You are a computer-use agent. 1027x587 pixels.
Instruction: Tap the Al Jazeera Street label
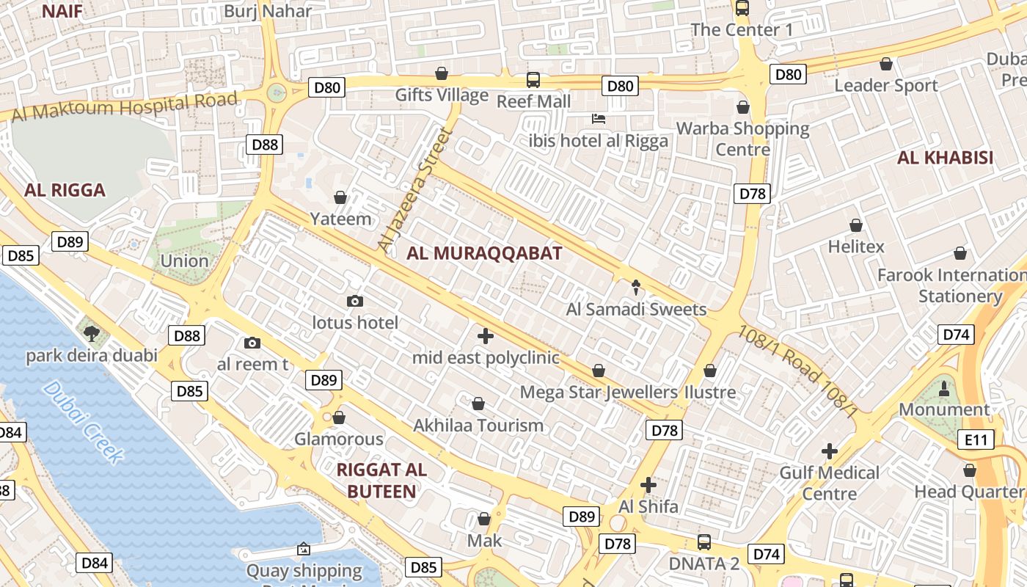(412, 190)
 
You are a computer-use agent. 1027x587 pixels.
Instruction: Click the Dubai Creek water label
(82, 422)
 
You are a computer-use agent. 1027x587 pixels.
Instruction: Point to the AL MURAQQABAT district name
(484, 254)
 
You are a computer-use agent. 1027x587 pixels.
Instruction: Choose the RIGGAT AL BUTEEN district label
(381, 481)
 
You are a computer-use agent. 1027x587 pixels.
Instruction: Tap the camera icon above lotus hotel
(355, 301)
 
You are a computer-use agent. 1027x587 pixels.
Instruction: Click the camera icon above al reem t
(252, 343)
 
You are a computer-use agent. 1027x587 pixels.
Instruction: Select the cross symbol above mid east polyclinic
(485, 336)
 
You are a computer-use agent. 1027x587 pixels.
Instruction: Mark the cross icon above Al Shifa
(648, 485)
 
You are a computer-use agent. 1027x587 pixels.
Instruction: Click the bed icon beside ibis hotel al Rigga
(599, 119)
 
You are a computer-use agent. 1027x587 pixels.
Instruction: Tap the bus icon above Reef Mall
(533, 80)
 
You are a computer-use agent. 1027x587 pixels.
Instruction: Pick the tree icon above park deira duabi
(92, 334)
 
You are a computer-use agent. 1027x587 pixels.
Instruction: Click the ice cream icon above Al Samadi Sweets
(635, 287)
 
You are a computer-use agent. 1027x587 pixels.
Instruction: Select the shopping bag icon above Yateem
(340, 197)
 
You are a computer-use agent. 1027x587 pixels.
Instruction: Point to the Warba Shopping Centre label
(742, 139)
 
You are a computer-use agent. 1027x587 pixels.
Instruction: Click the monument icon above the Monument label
(943, 388)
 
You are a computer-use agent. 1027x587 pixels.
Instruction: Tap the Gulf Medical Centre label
(829, 483)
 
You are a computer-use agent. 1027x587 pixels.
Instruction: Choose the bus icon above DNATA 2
(703, 542)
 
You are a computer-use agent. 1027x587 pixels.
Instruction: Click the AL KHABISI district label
(945, 158)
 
